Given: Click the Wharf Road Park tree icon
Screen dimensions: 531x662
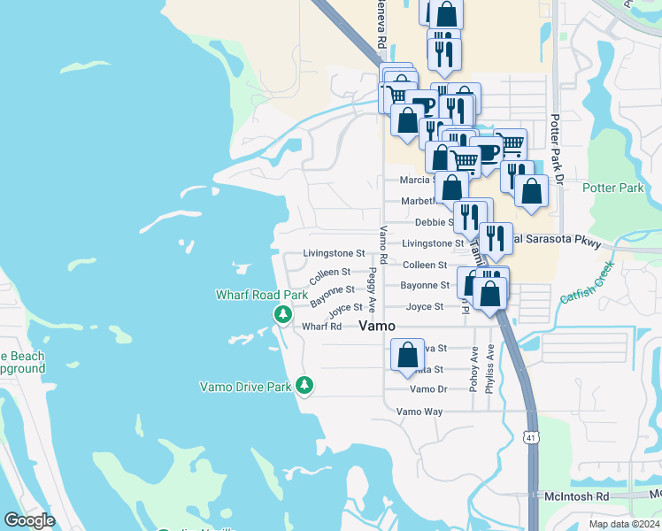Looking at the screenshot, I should coord(282,313).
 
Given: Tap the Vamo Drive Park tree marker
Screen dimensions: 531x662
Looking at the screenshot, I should coord(304,385).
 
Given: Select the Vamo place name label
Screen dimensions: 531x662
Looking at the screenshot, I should coord(382,327).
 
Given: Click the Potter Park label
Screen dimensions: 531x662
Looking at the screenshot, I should coord(612,188).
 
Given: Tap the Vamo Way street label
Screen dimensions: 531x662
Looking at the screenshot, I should coord(419,412).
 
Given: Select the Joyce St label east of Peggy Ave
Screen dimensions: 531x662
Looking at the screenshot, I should coord(424,307).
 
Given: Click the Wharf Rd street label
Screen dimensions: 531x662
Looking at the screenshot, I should coord(321,327).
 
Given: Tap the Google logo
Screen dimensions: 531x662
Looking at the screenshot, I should coord(29,520).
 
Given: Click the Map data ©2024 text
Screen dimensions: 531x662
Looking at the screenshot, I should coord(624,524).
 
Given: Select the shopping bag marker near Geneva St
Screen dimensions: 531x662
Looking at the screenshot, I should coord(407,356).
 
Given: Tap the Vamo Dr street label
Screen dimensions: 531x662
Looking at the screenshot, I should coord(428,389).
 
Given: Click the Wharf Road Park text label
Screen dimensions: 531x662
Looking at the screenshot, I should coord(262,295).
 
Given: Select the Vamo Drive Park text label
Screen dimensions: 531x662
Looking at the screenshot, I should coord(246,386).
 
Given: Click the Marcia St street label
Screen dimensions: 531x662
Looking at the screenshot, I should coord(417,180).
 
